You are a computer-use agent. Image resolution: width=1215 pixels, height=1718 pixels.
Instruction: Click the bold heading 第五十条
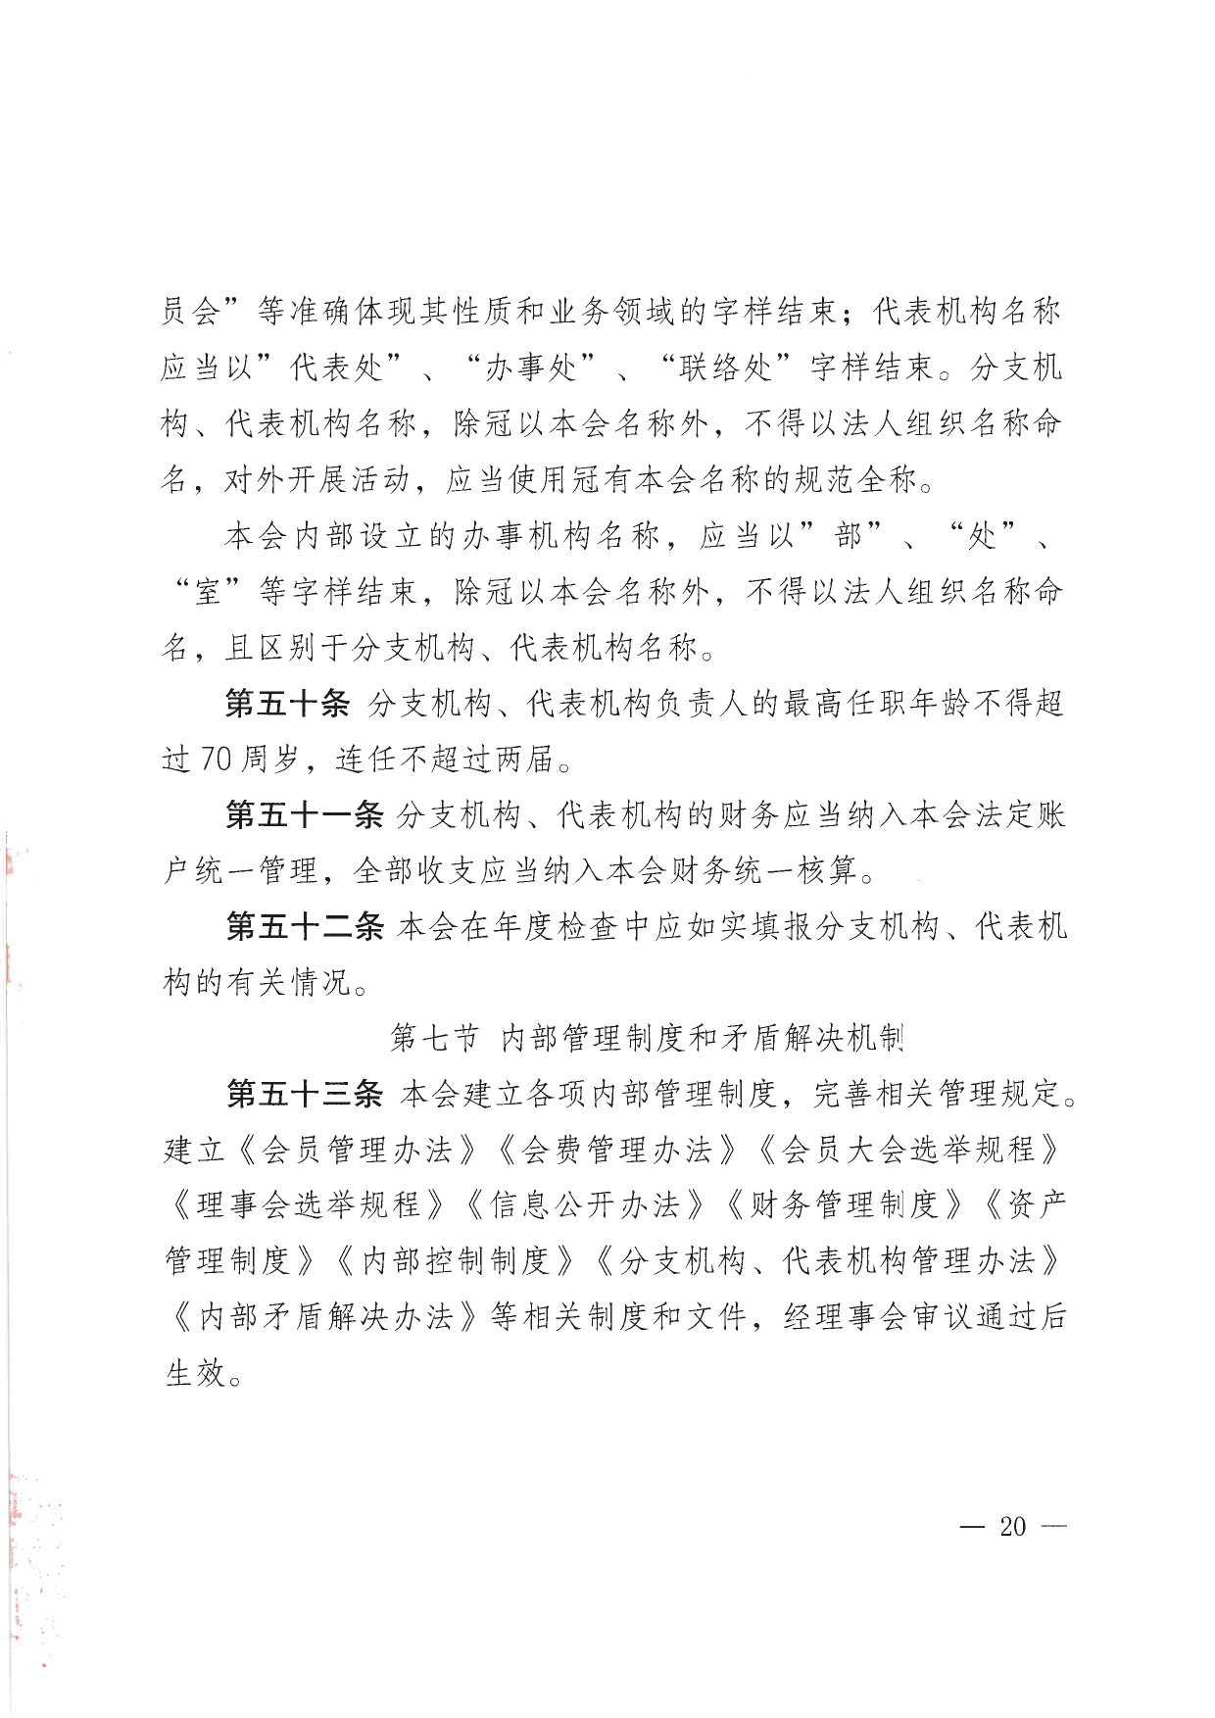(x=287, y=704)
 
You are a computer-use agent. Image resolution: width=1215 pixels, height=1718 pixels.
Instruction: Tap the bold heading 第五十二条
(x=304, y=927)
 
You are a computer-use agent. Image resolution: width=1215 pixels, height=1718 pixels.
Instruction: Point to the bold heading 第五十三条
(x=304, y=1095)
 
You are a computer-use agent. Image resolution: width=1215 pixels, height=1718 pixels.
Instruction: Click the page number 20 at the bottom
(x=1012, y=1526)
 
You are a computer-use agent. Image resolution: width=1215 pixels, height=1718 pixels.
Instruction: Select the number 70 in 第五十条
(x=217, y=760)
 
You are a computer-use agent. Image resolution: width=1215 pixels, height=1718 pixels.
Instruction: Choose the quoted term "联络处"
(x=725, y=368)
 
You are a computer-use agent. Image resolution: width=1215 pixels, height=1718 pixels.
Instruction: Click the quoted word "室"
(x=208, y=592)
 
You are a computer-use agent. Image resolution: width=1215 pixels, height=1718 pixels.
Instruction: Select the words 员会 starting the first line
(x=190, y=313)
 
